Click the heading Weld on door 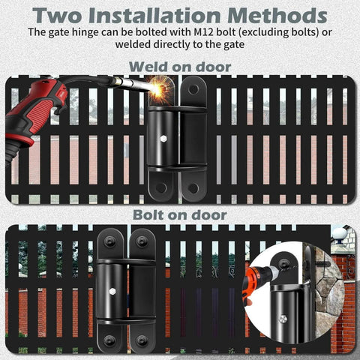click(x=180, y=67)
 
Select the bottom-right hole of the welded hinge click(x=192, y=188)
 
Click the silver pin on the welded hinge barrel click(x=163, y=139)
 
